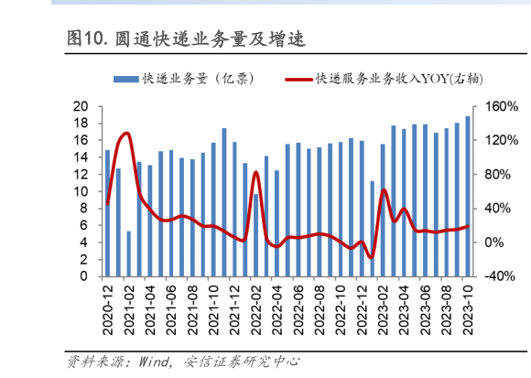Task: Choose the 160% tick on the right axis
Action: (500, 106)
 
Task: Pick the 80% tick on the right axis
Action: (497, 174)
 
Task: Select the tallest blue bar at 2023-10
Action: (468, 196)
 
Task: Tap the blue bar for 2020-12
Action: (107, 213)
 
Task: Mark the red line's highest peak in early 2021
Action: (125, 134)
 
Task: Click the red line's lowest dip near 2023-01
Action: (371, 257)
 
